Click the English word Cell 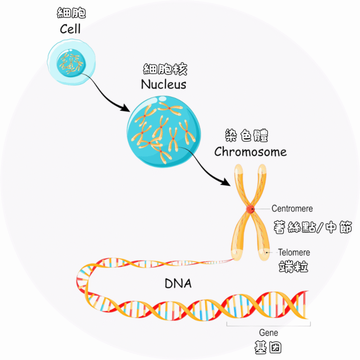coord(70,29)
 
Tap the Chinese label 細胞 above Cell coord(71,13)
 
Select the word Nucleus coord(164,85)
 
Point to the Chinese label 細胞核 coord(165,70)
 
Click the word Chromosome coord(250,152)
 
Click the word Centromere coord(292,208)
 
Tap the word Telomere coord(294,252)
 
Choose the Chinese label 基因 coord(268,347)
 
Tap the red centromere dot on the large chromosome coord(251,209)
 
